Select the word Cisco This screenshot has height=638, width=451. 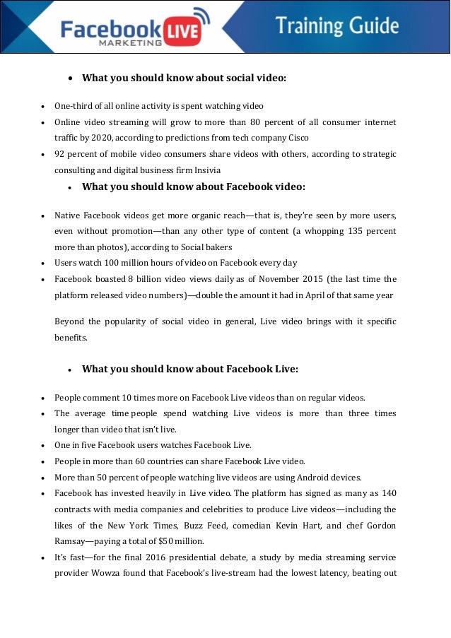click(295, 138)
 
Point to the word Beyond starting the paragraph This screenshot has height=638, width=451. click(70, 321)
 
